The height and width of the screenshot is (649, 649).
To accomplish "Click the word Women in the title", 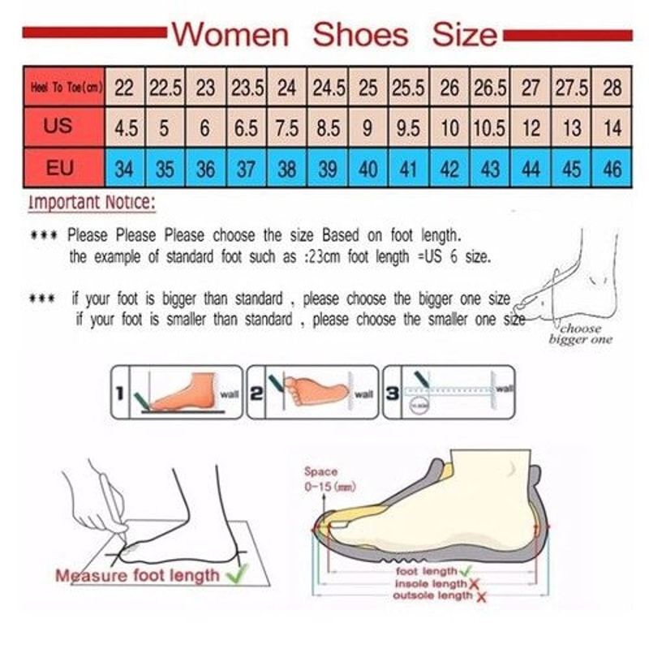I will [230, 35].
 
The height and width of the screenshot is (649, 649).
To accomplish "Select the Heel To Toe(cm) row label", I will [65, 87].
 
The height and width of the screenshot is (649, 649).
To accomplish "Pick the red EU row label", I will [59, 169].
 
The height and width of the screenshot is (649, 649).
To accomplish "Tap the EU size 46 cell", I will [612, 170].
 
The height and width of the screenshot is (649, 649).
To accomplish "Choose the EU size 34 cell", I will [124, 170].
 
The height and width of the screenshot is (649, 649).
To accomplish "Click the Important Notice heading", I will [91, 203].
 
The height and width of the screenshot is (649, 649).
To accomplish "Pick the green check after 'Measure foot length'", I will [237, 575].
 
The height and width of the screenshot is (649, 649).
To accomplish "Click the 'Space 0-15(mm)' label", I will [321, 479].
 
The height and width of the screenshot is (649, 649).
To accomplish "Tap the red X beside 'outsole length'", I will [482, 598].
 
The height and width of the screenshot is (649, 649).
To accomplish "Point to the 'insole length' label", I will [430, 584].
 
